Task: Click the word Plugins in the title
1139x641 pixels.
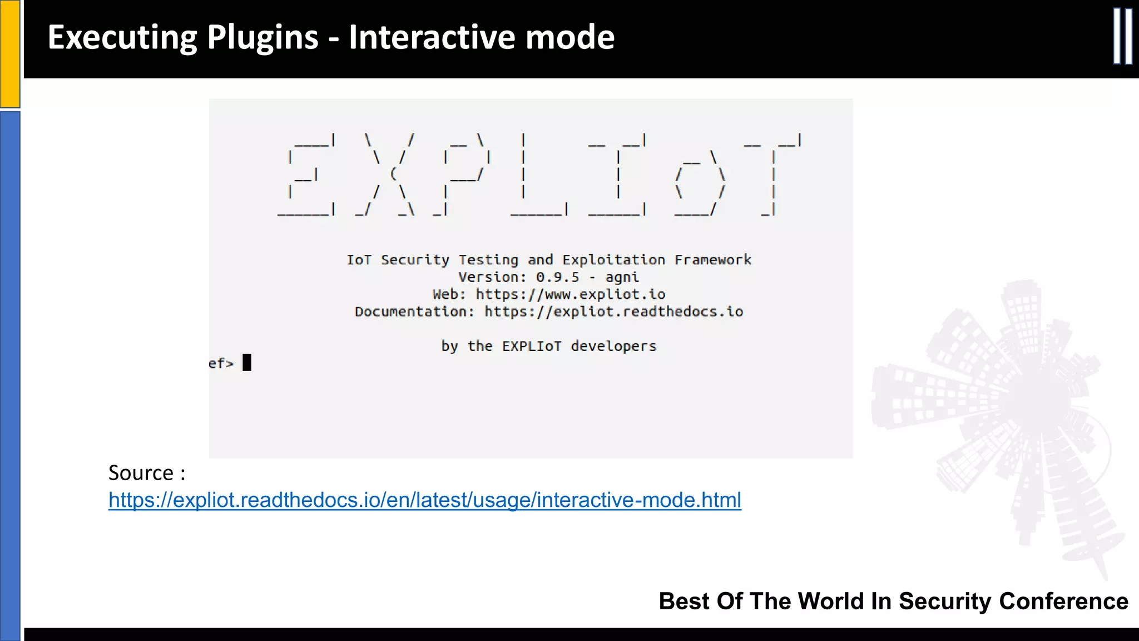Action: (x=263, y=37)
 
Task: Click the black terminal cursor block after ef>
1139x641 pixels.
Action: (x=247, y=363)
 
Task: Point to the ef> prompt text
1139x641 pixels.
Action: (x=221, y=363)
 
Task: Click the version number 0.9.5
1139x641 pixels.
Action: (x=557, y=277)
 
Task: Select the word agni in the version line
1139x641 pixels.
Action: (x=622, y=277)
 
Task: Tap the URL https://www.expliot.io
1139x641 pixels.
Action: (x=570, y=294)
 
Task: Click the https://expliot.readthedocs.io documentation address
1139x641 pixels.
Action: (x=613, y=312)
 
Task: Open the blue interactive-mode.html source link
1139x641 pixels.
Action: (x=424, y=500)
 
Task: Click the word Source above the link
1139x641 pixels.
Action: (x=141, y=473)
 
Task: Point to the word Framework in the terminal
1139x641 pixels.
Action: (x=712, y=260)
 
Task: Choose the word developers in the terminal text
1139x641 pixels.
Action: (x=613, y=346)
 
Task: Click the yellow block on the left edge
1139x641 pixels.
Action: (x=10, y=53)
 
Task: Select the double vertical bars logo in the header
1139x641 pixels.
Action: (x=1122, y=37)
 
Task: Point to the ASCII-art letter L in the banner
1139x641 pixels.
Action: (x=538, y=174)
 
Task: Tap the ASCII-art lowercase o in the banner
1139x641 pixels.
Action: (x=700, y=184)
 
